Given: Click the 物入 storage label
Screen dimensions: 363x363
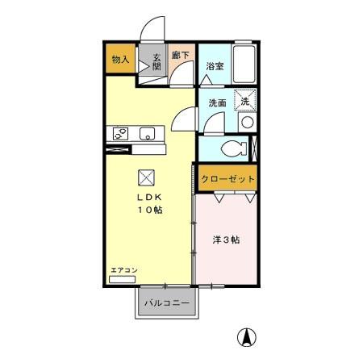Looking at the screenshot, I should [x=120, y=60].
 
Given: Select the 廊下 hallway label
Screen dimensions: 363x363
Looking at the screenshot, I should [x=181, y=56].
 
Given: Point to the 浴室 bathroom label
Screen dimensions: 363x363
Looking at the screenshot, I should [x=214, y=66].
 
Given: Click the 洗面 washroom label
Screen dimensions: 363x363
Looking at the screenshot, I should [x=217, y=102].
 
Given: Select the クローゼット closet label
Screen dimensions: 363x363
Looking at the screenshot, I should [x=227, y=179].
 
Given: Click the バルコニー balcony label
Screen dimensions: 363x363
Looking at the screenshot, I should [x=167, y=304].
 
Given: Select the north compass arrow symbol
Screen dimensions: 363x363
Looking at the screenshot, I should [x=244, y=337].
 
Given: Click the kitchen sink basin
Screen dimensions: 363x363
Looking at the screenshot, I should [x=148, y=134].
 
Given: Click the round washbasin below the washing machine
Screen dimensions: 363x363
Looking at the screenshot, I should [x=247, y=123].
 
